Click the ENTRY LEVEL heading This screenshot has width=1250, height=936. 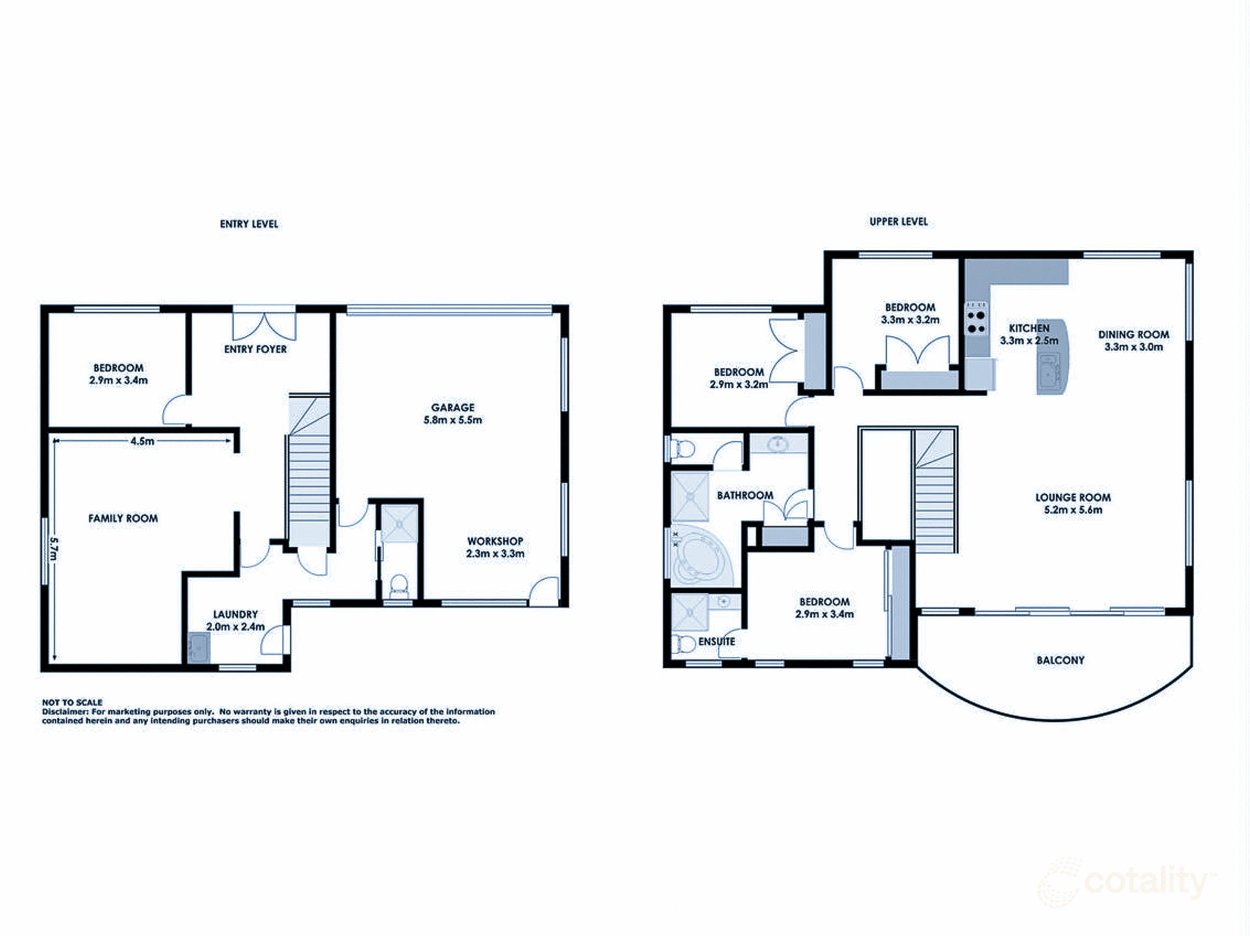[x=249, y=224]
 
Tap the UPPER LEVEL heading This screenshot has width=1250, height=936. [x=898, y=221]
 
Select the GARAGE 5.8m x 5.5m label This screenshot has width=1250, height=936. [x=452, y=414]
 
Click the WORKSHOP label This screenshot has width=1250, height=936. [x=495, y=542]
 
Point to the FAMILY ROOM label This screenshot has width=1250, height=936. [x=123, y=519]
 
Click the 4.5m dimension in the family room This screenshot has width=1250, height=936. [x=142, y=441]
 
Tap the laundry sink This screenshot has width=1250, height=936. [x=198, y=648]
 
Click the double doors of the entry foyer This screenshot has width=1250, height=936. [x=264, y=325]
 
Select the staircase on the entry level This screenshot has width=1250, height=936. [x=309, y=475]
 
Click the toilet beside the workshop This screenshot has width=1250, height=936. [x=398, y=586]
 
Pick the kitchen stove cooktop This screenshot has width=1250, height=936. [x=976, y=321]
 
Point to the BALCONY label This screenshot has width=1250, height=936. [x=1060, y=660]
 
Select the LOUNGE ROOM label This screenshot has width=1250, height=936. [x=1073, y=503]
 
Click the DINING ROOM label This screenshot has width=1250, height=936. [x=1133, y=340]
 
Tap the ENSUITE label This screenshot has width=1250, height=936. [x=716, y=642]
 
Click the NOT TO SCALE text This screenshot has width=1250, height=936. [x=72, y=702]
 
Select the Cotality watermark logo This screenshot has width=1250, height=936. [x=1126, y=883]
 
